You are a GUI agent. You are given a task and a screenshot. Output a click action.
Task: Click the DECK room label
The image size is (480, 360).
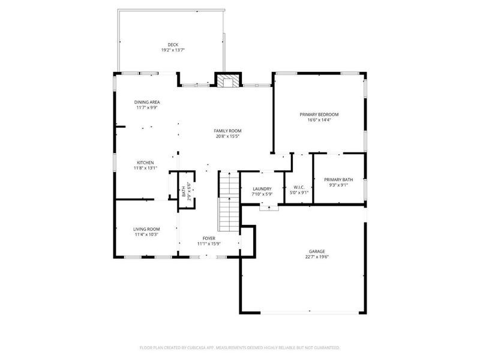(173, 44)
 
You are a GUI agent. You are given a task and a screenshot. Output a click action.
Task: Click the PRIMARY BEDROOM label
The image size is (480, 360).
(319, 114)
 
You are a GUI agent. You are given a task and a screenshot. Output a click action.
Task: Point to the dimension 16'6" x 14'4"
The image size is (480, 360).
(319, 120)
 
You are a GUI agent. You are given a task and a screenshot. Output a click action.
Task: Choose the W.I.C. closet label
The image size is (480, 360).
(298, 188)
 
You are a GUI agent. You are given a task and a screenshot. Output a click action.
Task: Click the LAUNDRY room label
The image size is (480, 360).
(262, 188)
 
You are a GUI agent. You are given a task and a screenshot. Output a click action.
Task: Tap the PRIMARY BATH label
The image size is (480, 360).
(339, 179)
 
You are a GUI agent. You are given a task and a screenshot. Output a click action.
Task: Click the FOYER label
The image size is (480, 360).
(208, 238)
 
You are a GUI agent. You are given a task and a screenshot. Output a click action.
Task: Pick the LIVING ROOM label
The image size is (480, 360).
(146, 229)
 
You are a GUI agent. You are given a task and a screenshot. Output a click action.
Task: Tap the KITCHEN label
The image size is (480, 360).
(145, 163)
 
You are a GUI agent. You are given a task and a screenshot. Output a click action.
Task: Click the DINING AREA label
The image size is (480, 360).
(147, 102)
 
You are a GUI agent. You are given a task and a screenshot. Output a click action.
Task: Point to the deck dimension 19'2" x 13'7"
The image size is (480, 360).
(173, 50)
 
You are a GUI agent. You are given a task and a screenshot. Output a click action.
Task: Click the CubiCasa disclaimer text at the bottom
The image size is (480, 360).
(240, 347)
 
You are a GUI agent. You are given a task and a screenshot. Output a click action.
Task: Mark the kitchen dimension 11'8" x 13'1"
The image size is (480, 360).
(145, 169)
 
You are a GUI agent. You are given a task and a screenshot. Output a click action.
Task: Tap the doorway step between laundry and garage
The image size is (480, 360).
(269, 208)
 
